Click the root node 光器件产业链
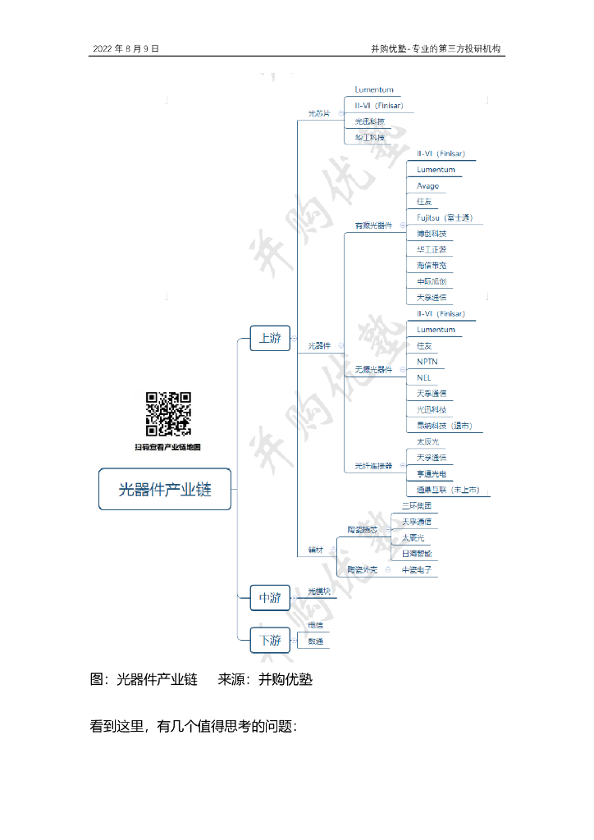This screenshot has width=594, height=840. pyautogui.click(x=165, y=489)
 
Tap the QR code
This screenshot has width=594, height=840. pyautogui.click(x=168, y=413)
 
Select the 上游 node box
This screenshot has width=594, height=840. pyautogui.click(x=270, y=338)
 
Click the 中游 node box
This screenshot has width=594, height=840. pyautogui.click(x=270, y=598)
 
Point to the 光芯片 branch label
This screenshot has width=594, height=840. pyautogui.click(x=318, y=113)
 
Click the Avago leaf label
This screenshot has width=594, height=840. pyautogui.click(x=427, y=185)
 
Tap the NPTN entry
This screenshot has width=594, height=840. pyautogui.click(x=427, y=361)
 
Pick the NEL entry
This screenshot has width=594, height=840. pyautogui.click(x=423, y=377)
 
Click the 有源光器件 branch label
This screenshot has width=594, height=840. pyautogui.click(x=373, y=225)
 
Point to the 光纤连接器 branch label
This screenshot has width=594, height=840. pyautogui.click(x=373, y=465)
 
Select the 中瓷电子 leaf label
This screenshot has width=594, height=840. pyautogui.click(x=416, y=568)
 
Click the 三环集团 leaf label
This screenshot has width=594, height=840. pyautogui.click(x=416, y=505)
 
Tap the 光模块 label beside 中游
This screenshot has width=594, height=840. pyautogui.click(x=318, y=591)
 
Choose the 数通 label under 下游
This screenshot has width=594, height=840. pyautogui.click(x=315, y=641)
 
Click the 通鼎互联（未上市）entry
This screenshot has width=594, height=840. pyautogui.click(x=448, y=490)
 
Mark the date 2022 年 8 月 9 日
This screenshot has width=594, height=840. pyautogui.click(x=126, y=49)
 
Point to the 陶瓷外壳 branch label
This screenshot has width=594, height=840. pyautogui.click(x=362, y=568)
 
